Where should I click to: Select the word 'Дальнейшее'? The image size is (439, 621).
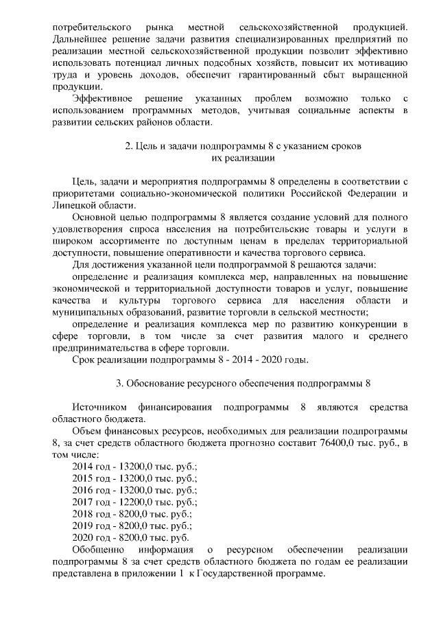pyautogui.click(x=81, y=38)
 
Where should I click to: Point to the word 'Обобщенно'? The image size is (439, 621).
pyautogui.click(x=98, y=550)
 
